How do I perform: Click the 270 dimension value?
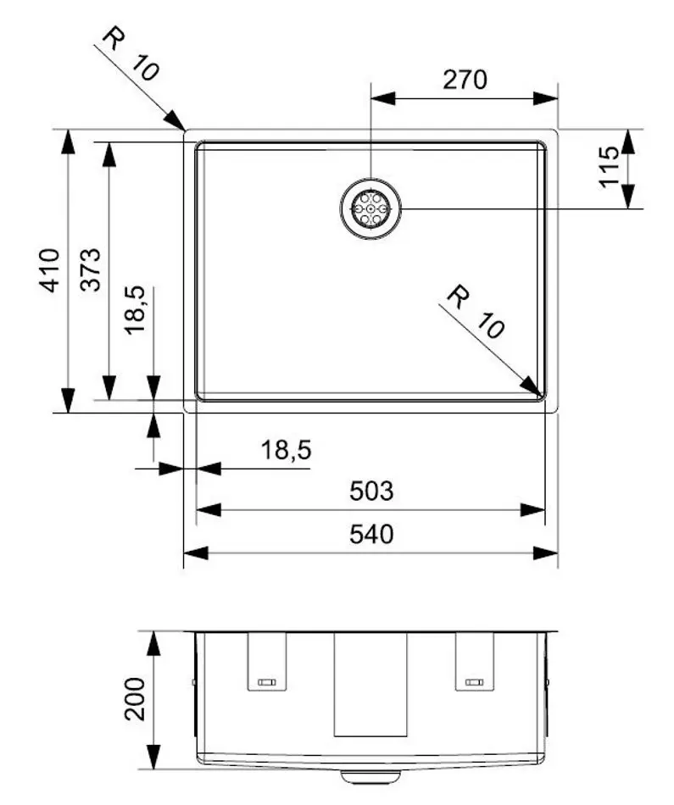pos(465,80)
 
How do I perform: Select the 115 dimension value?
pos(610,168)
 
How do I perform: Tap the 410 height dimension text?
pos(52,269)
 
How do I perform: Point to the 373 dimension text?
pos(92,269)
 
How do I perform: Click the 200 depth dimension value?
pos(136,697)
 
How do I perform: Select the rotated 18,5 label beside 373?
pos(136,310)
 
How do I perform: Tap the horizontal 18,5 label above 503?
pos(284,450)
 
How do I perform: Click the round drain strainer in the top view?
pos(370,208)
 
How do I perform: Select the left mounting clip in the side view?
pos(266,663)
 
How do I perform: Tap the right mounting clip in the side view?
pos(474,663)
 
